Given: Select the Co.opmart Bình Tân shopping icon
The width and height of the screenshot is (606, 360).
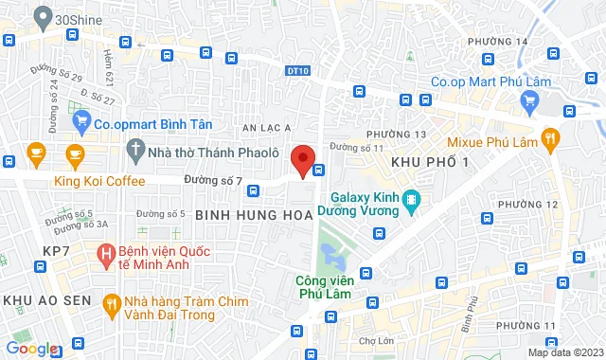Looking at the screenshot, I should [82, 120].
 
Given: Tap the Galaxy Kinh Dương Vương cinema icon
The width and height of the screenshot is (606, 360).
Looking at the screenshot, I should [411, 200].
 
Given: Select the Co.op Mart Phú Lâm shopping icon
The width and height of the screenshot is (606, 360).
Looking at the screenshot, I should [418, 81].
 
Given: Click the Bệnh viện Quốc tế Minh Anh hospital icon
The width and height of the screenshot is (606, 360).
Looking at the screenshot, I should [106, 253].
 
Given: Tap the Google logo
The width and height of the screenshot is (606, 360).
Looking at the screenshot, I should [30, 349].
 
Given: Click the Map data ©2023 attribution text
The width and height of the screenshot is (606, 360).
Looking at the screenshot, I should [565, 352].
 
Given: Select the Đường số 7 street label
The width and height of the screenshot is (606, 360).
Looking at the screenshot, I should [220, 180].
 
